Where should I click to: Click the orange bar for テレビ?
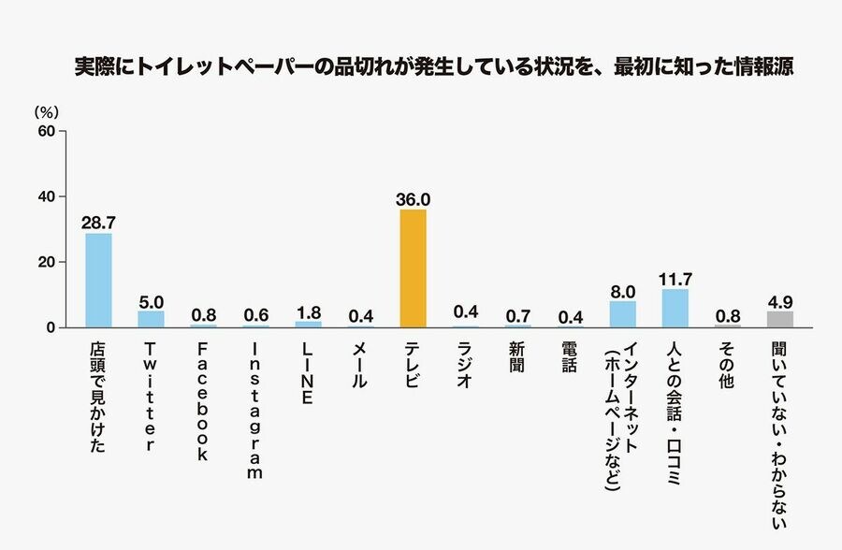(x=413, y=268)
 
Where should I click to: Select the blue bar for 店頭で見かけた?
(x=98, y=281)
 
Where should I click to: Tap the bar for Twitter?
(x=151, y=319)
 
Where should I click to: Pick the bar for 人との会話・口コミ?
(x=675, y=309)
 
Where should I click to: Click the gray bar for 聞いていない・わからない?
(x=779, y=319)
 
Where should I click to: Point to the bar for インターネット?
(x=622, y=314)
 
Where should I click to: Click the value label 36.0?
(x=413, y=198)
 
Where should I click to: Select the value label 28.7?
(x=98, y=223)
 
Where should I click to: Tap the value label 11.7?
(x=675, y=279)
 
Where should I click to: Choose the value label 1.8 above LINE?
(x=308, y=311)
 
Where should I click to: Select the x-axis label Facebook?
(x=203, y=401)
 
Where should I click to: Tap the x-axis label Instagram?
(x=255, y=409)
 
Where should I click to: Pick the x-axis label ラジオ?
(x=465, y=366)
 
